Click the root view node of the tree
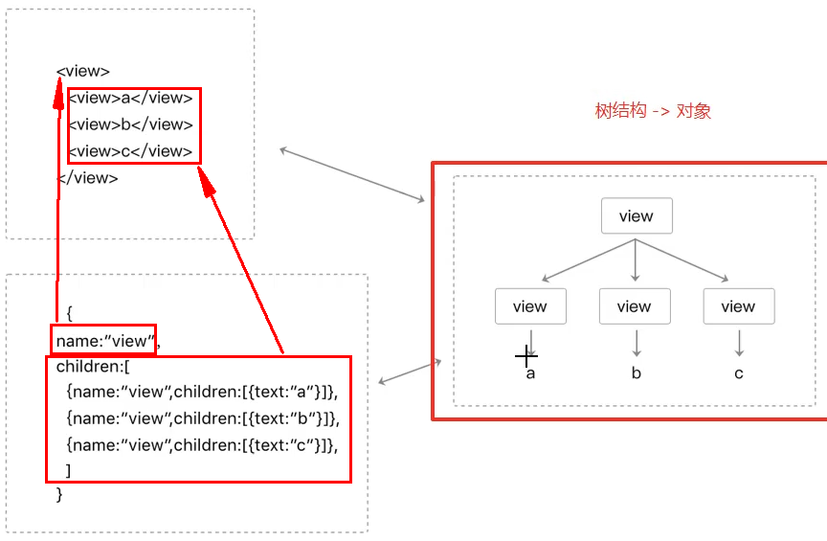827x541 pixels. (x=637, y=216)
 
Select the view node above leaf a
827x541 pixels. (x=530, y=306)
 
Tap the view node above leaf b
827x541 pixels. (x=635, y=306)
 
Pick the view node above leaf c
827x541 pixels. (x=738, y=306)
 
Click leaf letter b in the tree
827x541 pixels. (x=636, y=373)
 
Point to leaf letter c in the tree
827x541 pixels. (x=739, y=373)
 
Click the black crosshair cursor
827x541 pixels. (x=526, y=356)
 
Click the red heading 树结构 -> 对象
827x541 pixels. (x=653, y=111)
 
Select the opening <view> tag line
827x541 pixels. (x=83, y=71)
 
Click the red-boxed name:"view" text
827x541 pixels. (x=103, y=340)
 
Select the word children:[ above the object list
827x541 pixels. (x=93, y=367)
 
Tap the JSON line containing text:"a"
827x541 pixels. (x=203, y=393)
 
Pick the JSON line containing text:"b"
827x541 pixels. (x=203, y=419)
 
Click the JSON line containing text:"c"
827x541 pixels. (x=203, y=445)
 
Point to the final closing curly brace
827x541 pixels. (x=60, y=495)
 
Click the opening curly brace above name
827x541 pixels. (x=70, y=313)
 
